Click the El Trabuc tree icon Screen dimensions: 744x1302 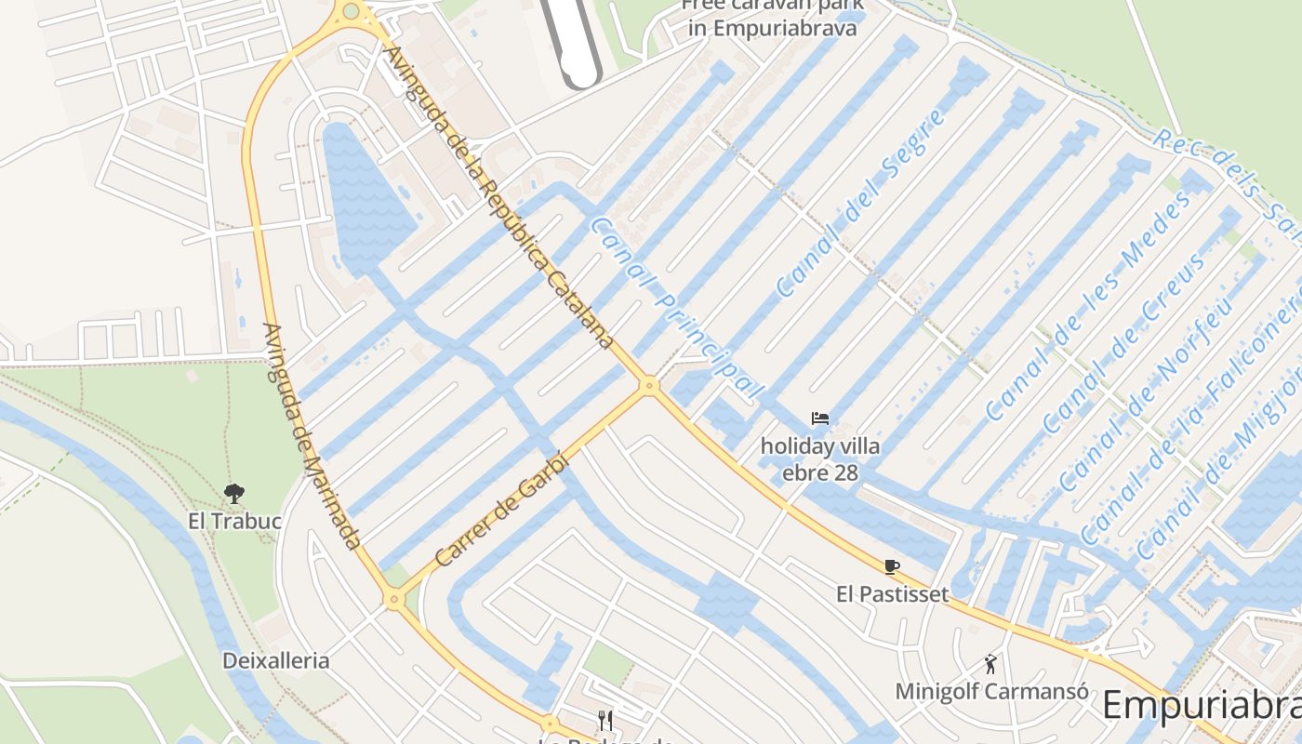(x=234, y=493)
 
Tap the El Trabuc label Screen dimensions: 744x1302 (x=234, y=521)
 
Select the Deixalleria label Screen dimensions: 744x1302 (x=275, y=661)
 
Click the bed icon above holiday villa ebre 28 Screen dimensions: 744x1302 (x=820, y=418)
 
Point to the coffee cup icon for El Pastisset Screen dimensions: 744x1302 (x=892, y=566)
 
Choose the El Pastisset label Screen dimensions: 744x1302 (x=892, y=594)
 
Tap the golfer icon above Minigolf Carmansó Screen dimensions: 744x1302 (x=991, y=664)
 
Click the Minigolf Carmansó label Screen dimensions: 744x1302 (x=991, y=692)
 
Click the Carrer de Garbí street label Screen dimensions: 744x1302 (x=501, y=510)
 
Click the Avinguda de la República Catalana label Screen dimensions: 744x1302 (x=500, y=197)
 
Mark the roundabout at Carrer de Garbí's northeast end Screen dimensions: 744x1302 (x=650, y=384)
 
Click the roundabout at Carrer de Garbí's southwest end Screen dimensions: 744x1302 (x=394, y=600)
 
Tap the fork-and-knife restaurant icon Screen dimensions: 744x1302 (x=605, y=720)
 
